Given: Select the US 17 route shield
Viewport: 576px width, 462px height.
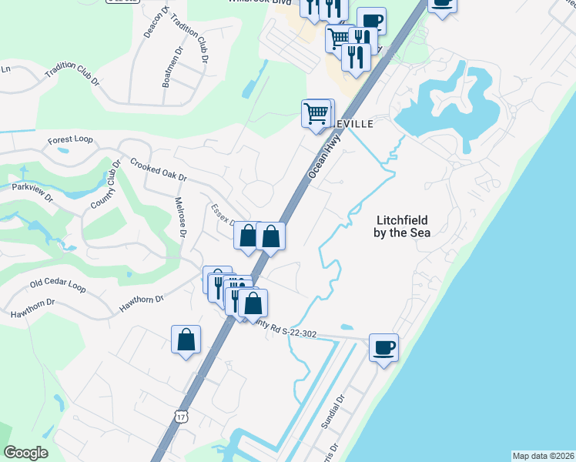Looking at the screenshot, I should tap(181, 417).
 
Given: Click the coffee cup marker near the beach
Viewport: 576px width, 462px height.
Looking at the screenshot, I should tap(383, 348).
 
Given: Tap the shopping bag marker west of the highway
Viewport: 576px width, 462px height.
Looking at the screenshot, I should tap(186, 340).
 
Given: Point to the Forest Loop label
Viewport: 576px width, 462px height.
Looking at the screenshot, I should tap(70, 139).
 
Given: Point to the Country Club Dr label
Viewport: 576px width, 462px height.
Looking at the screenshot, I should tap(105, 186).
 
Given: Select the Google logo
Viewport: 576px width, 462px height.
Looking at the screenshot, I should tap(25, 453).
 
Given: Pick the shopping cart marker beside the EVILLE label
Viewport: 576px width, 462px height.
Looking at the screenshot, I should tap(316, 114).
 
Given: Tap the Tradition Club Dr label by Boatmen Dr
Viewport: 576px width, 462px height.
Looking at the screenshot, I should tap(189, 37).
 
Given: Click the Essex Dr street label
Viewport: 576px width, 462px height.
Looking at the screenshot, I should tap(223, 215).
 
